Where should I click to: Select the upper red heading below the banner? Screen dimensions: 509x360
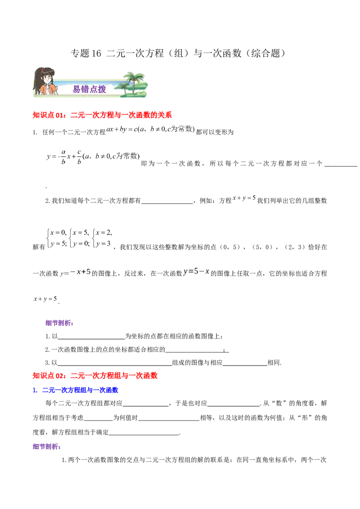pos(103,115)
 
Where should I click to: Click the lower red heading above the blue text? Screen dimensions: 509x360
pos(95,375)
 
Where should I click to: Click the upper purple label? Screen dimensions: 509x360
pos(59,323)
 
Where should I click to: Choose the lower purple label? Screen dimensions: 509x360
pos(46,446)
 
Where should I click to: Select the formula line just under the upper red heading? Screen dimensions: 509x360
pos(148,130)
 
